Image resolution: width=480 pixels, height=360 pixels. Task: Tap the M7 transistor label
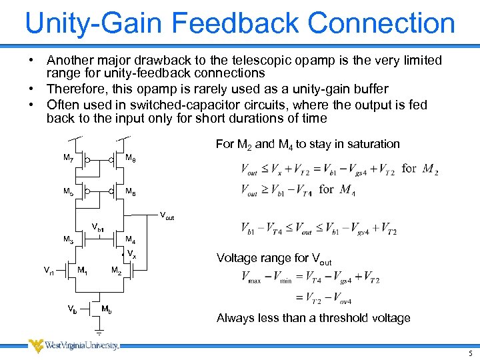(x=68, y=159)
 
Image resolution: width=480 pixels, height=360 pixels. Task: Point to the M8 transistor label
(x=131, y=159)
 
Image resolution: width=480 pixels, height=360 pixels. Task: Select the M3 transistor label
(x=68, y=239)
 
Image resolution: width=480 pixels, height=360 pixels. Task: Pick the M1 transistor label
(x=83, y=271)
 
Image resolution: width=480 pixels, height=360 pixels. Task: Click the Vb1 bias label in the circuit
(x=98, y=228)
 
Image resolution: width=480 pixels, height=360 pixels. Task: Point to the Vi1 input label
(x=49, y=271)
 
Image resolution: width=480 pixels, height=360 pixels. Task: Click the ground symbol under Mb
(x=99, y=331)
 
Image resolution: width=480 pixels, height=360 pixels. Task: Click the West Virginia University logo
(x=73, y=345)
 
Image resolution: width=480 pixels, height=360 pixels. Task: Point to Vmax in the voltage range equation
(x=255, y=277)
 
